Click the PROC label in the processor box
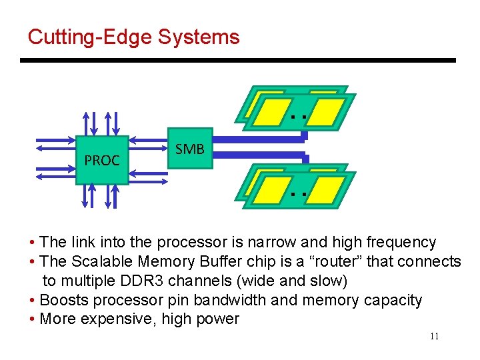coord(102,161)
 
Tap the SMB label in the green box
coord(189,149)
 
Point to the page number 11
coord(434,336)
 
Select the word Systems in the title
coord(199,37)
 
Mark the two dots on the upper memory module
coord(298,117)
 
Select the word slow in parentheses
coord(327,281)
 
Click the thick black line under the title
coord(237,61)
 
